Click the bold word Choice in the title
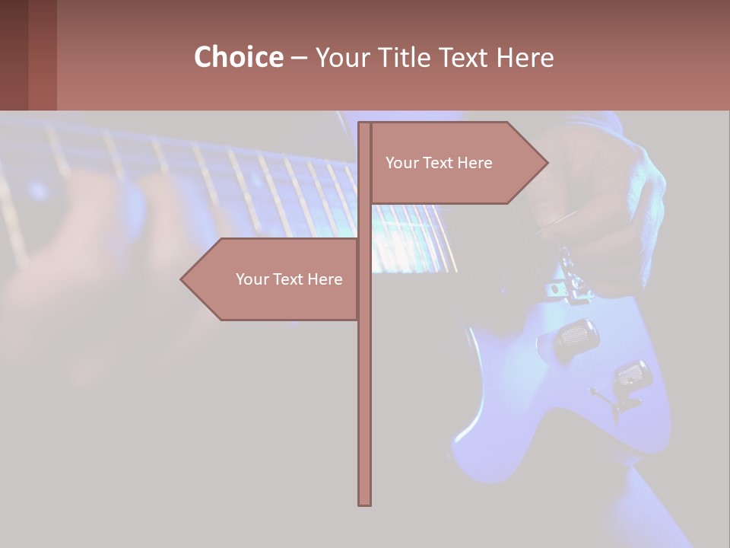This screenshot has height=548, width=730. (238, 58)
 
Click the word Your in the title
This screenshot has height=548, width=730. (342, 58)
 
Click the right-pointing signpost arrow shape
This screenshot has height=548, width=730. (456, 163)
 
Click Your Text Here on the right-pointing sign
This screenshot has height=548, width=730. (439, 163)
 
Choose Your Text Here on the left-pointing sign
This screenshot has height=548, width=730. (289, 279)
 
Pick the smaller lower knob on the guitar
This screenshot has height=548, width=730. (630, 374)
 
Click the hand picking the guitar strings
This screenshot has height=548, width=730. (601, 198)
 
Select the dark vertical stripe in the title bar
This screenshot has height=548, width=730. (42, 55)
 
